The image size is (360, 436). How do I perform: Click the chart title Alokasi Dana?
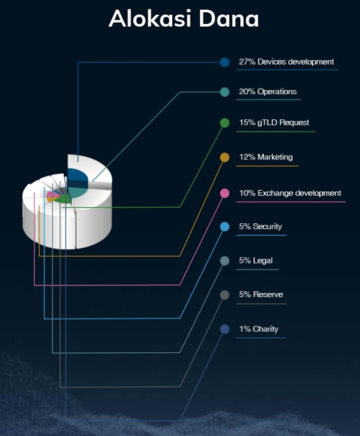tap(184, 18)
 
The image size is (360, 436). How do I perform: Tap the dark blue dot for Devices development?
tap(225, 62)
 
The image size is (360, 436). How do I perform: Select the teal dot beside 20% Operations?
tap(225, 92)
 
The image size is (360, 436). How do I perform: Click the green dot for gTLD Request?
tap(225, 123)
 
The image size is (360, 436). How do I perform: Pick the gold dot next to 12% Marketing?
tap(225, 157)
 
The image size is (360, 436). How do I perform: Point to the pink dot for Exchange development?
tap(225, 193)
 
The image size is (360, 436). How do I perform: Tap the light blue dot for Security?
tap(225, 227)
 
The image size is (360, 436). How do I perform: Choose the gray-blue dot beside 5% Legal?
tap(225, 261)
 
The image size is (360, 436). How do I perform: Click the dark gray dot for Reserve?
tap(225, 295)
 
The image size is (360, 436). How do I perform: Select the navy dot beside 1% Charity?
tap(225, 329)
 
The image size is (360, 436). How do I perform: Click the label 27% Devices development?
tap(287, 62)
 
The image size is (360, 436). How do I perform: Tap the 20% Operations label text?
tap(267, 92)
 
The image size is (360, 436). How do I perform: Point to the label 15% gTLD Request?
tap(274, 123)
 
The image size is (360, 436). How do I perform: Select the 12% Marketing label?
tap(266, 157)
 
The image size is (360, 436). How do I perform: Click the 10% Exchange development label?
tap(290, 193)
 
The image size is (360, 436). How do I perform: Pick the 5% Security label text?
tap(261, 227)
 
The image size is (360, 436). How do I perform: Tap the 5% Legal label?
tap(256, 261)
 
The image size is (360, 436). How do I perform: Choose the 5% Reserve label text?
tap(261, 294)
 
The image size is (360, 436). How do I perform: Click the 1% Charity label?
tap(259, 329)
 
